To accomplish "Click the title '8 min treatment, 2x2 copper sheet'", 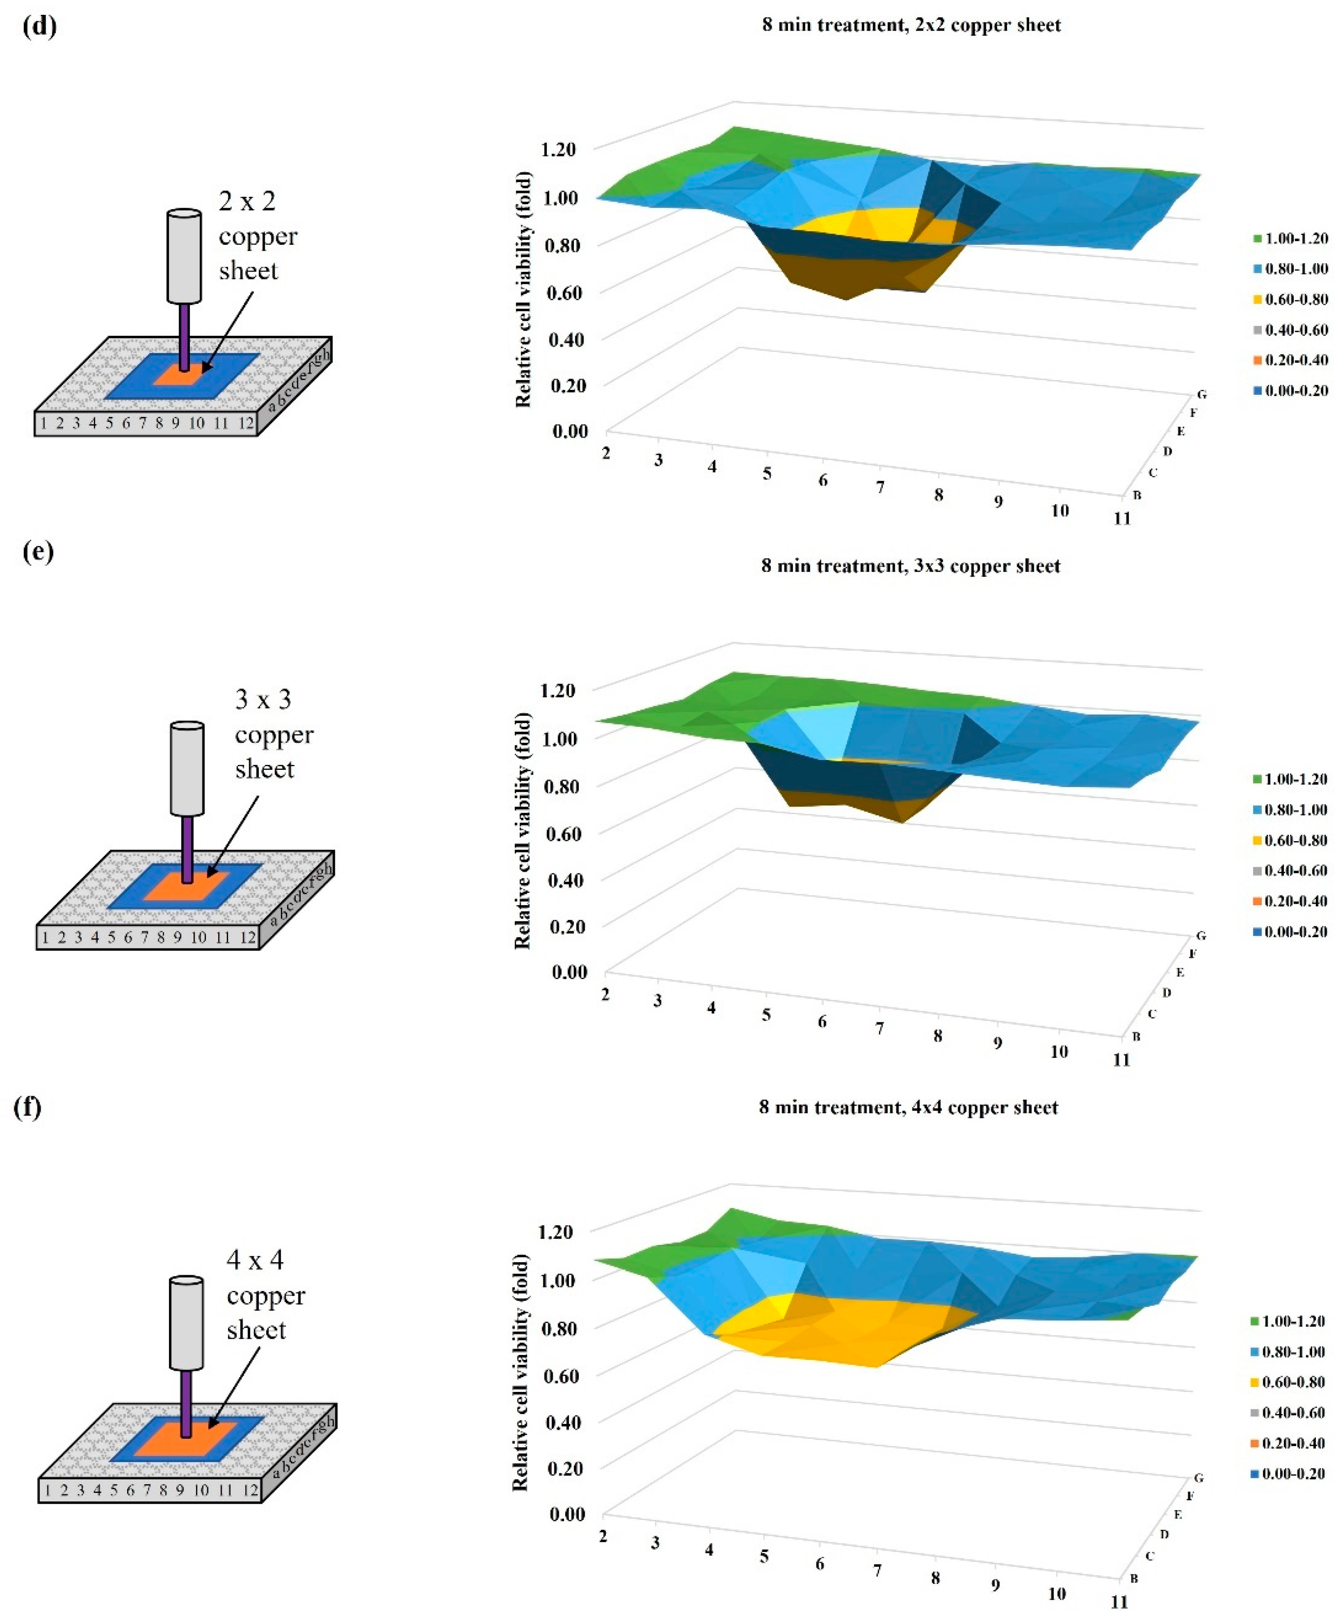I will click(911, 25).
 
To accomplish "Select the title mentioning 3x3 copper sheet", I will click(911, 566).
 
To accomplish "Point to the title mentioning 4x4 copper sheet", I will click(908, 1108).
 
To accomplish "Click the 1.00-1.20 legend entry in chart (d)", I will click(1290, 238).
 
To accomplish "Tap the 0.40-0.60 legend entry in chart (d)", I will click(1290, 330).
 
